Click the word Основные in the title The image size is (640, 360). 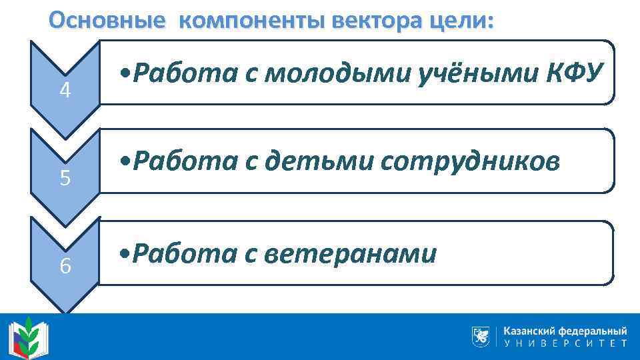click(x=106, y=21)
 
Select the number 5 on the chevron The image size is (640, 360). click(x=65, y=179)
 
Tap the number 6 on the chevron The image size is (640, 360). click(x=65, y=267)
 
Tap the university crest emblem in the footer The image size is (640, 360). click(x=480, y=336)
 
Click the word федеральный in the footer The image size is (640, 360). click(x=595, y=331)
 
